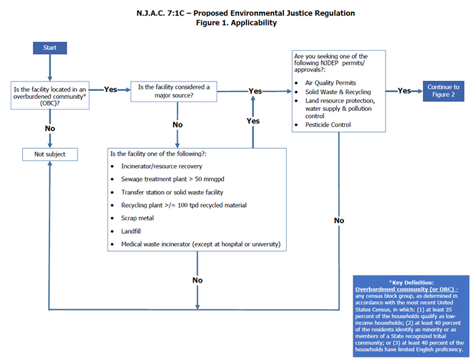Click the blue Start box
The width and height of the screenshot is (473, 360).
[49, 48]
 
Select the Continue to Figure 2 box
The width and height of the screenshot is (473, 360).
[444, 91]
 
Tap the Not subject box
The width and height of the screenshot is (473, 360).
[49, 154]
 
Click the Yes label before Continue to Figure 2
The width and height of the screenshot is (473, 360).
[404, 91]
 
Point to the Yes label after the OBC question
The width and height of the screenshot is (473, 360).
[110, 89]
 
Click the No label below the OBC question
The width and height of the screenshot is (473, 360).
[49, 128]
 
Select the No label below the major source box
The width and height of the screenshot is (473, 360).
[177, 125]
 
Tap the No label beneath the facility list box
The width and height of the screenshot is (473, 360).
[197, 281]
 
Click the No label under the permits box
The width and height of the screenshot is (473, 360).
[339, 220]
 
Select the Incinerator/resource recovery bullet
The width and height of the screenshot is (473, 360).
[161, 166]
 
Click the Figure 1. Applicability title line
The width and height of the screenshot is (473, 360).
[236, 23]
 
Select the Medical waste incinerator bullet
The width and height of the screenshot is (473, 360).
[200, 244]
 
